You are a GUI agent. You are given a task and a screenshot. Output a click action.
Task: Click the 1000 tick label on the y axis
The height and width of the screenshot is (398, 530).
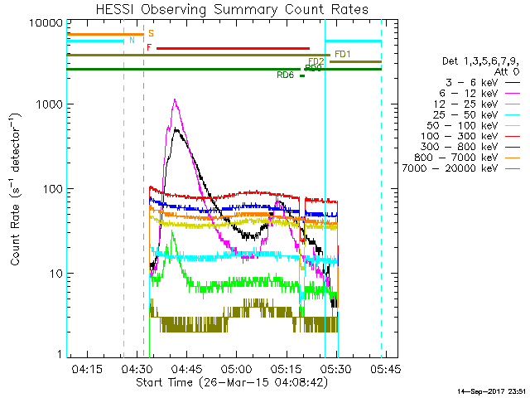pyautogui.click(x=45, y=104)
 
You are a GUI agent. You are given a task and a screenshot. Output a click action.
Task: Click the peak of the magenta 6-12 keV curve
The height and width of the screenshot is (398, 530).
pyautogui.click(x=175, y=99)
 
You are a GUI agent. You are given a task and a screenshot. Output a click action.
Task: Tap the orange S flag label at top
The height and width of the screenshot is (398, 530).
pyautogui.click(x=151, y=34)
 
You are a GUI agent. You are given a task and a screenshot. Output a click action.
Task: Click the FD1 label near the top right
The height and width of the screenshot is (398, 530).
pyautogui.click(x=343, y=55)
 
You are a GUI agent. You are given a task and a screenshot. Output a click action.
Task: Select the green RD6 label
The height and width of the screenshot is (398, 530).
pyautogui.click(x=285, y=75)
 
